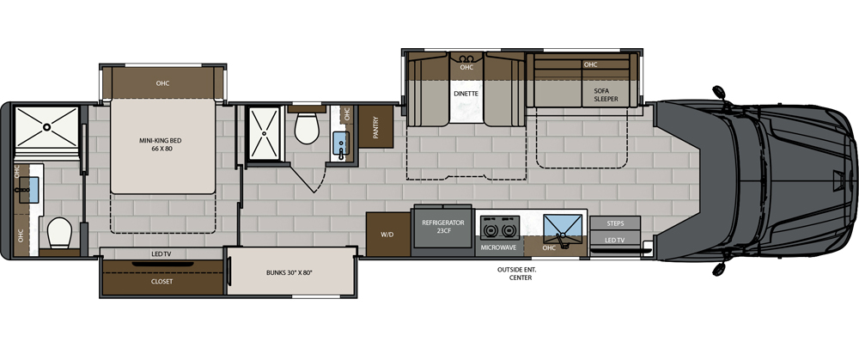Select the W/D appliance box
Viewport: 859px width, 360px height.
382,233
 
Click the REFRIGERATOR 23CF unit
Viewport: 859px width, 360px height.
442,227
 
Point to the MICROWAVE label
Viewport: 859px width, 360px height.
498,247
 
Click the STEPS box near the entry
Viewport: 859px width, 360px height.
615,223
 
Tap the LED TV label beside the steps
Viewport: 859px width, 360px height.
615,240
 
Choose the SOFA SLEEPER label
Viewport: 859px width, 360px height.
606,94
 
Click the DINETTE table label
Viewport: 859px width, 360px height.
466,91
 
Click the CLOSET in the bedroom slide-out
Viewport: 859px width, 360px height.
161,281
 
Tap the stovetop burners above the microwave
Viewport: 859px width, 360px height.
499,228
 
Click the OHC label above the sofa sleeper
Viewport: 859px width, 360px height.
590,64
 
